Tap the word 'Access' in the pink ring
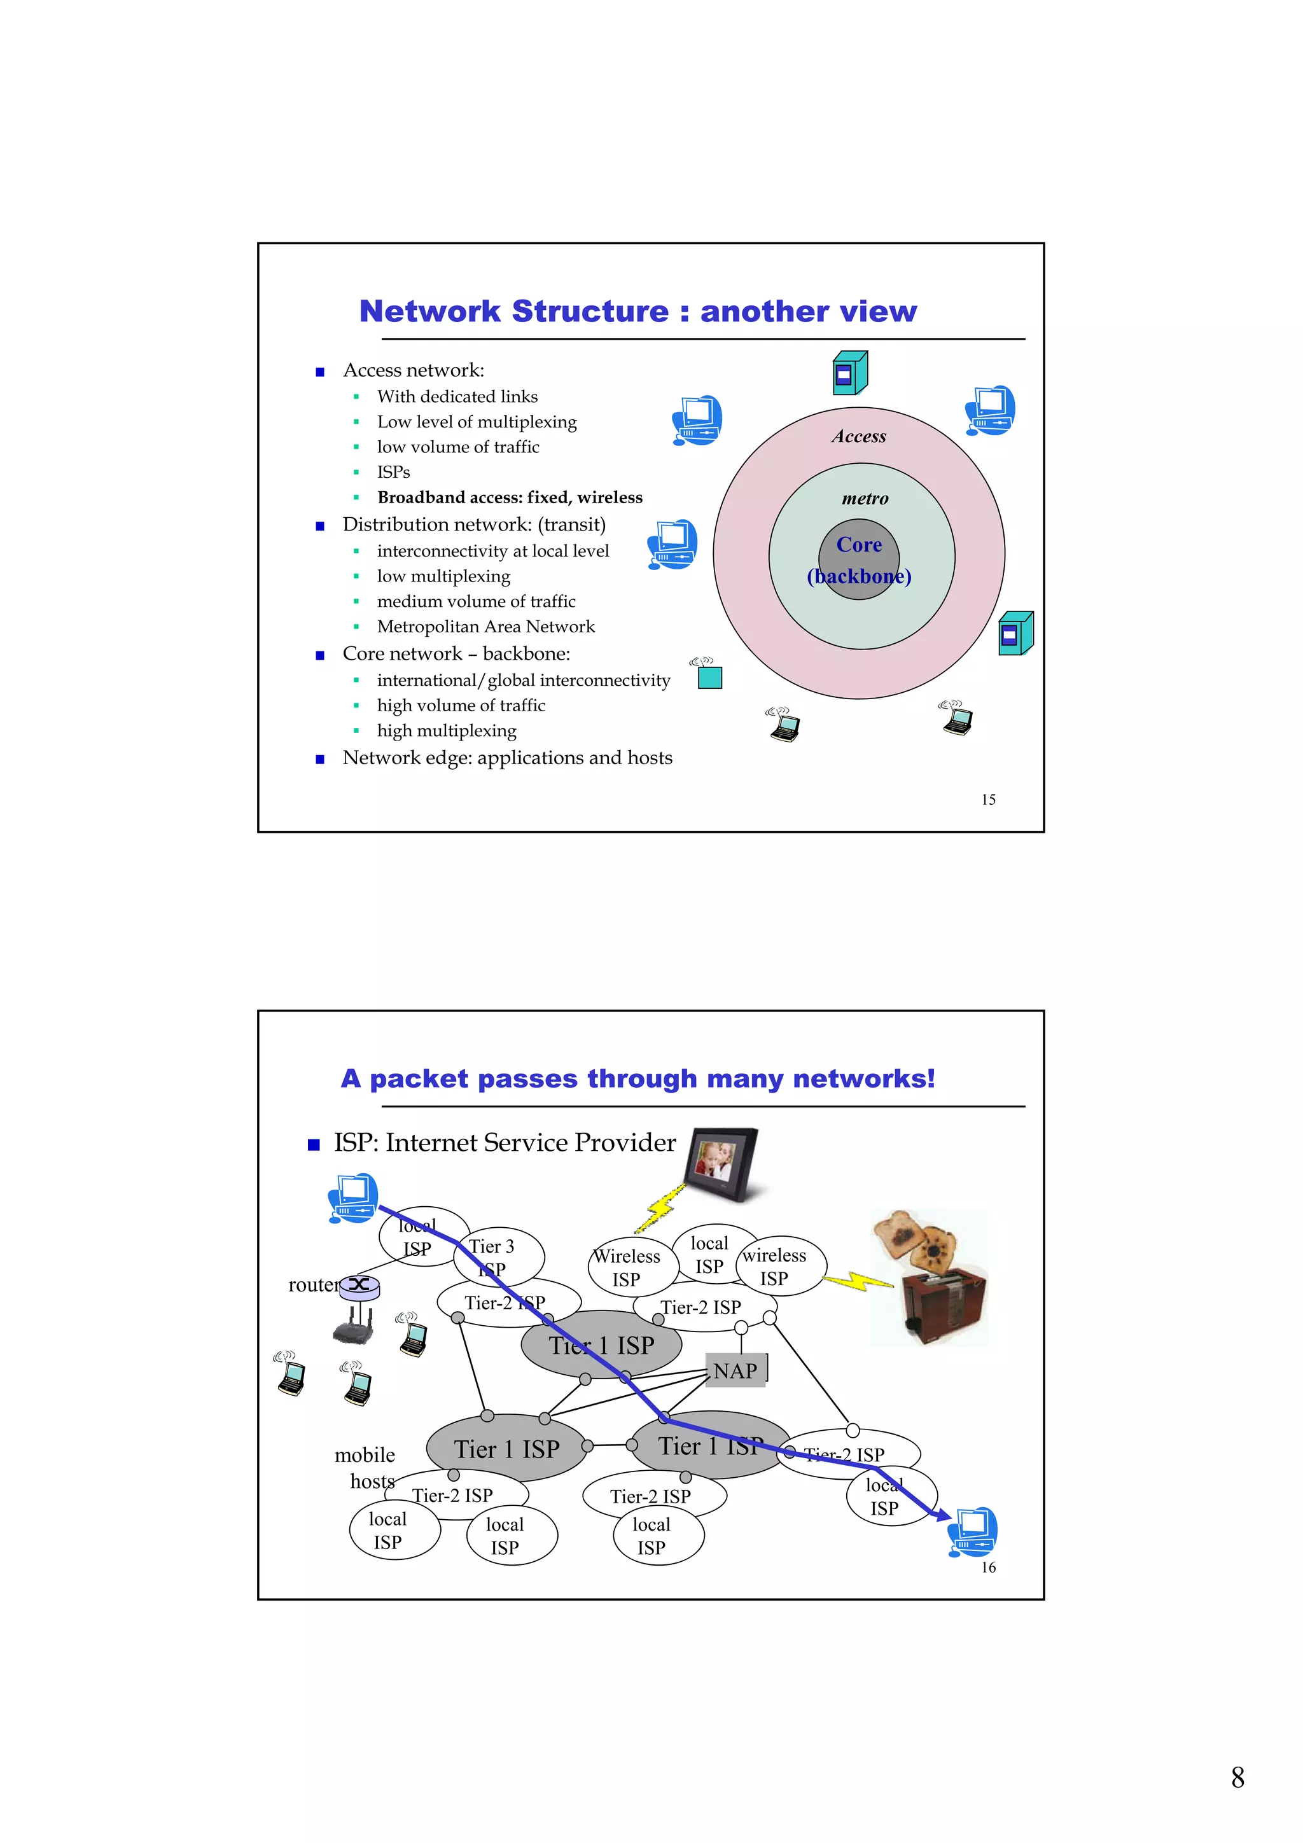pos(858,436)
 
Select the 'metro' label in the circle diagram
pos(865,499)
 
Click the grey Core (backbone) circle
pos(858,559)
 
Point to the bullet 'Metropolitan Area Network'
pos(485,627)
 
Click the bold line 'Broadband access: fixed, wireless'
pos(510,497)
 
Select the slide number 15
pos(988,800)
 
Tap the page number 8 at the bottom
pos(1237,1777)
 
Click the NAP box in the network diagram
pos(735,1371)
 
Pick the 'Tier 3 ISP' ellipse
pos(499,1257)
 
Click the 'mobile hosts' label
pos(365,1467)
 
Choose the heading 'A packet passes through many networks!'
pos(638,1078)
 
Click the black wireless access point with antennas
pos(353,1327)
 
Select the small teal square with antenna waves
pos(709,678)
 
